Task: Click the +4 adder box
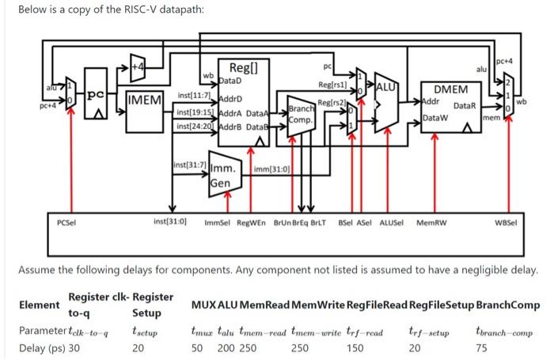coord(139,66)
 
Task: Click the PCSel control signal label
coord(66,222)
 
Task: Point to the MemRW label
coord(431,222)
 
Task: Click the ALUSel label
coord(393,222)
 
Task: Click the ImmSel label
coord(217,222)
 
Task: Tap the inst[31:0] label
coord(169,222)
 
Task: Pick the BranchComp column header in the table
coord(508,305)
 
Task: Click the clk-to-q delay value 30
coord(74,347)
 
